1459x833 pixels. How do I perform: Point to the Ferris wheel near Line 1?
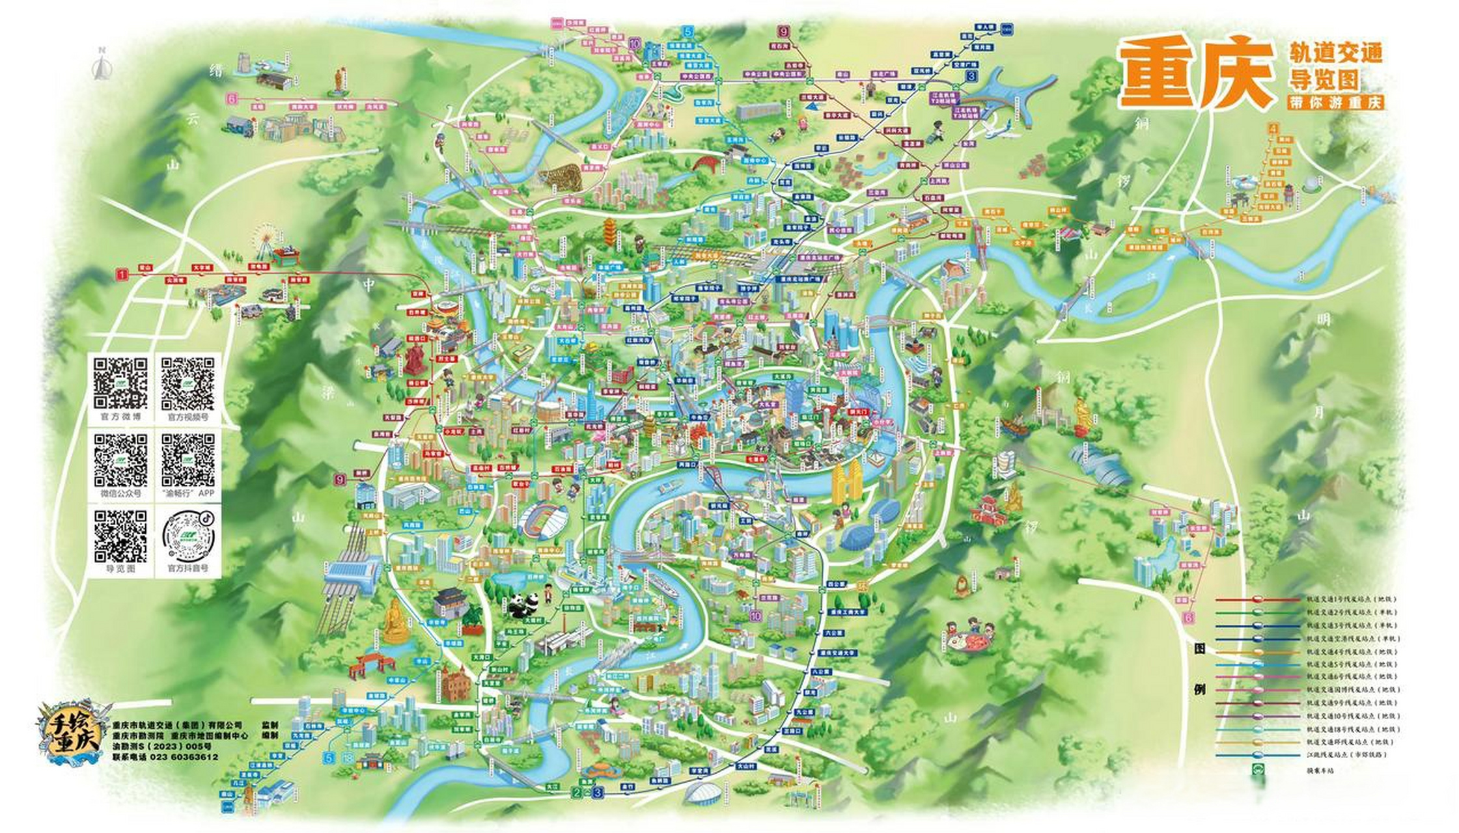(x=266, y=238)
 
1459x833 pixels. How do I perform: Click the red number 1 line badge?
(x=122, y=275)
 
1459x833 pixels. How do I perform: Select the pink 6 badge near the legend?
(x=1189, y=617)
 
